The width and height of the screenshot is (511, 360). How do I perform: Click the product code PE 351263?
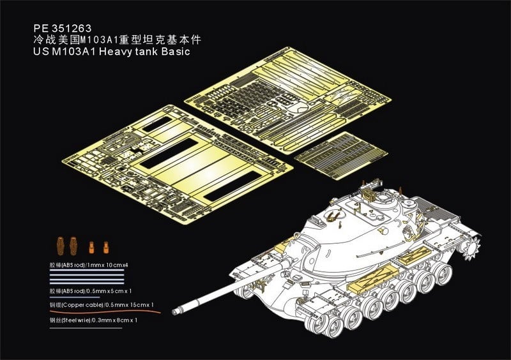(x=61, y=28)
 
